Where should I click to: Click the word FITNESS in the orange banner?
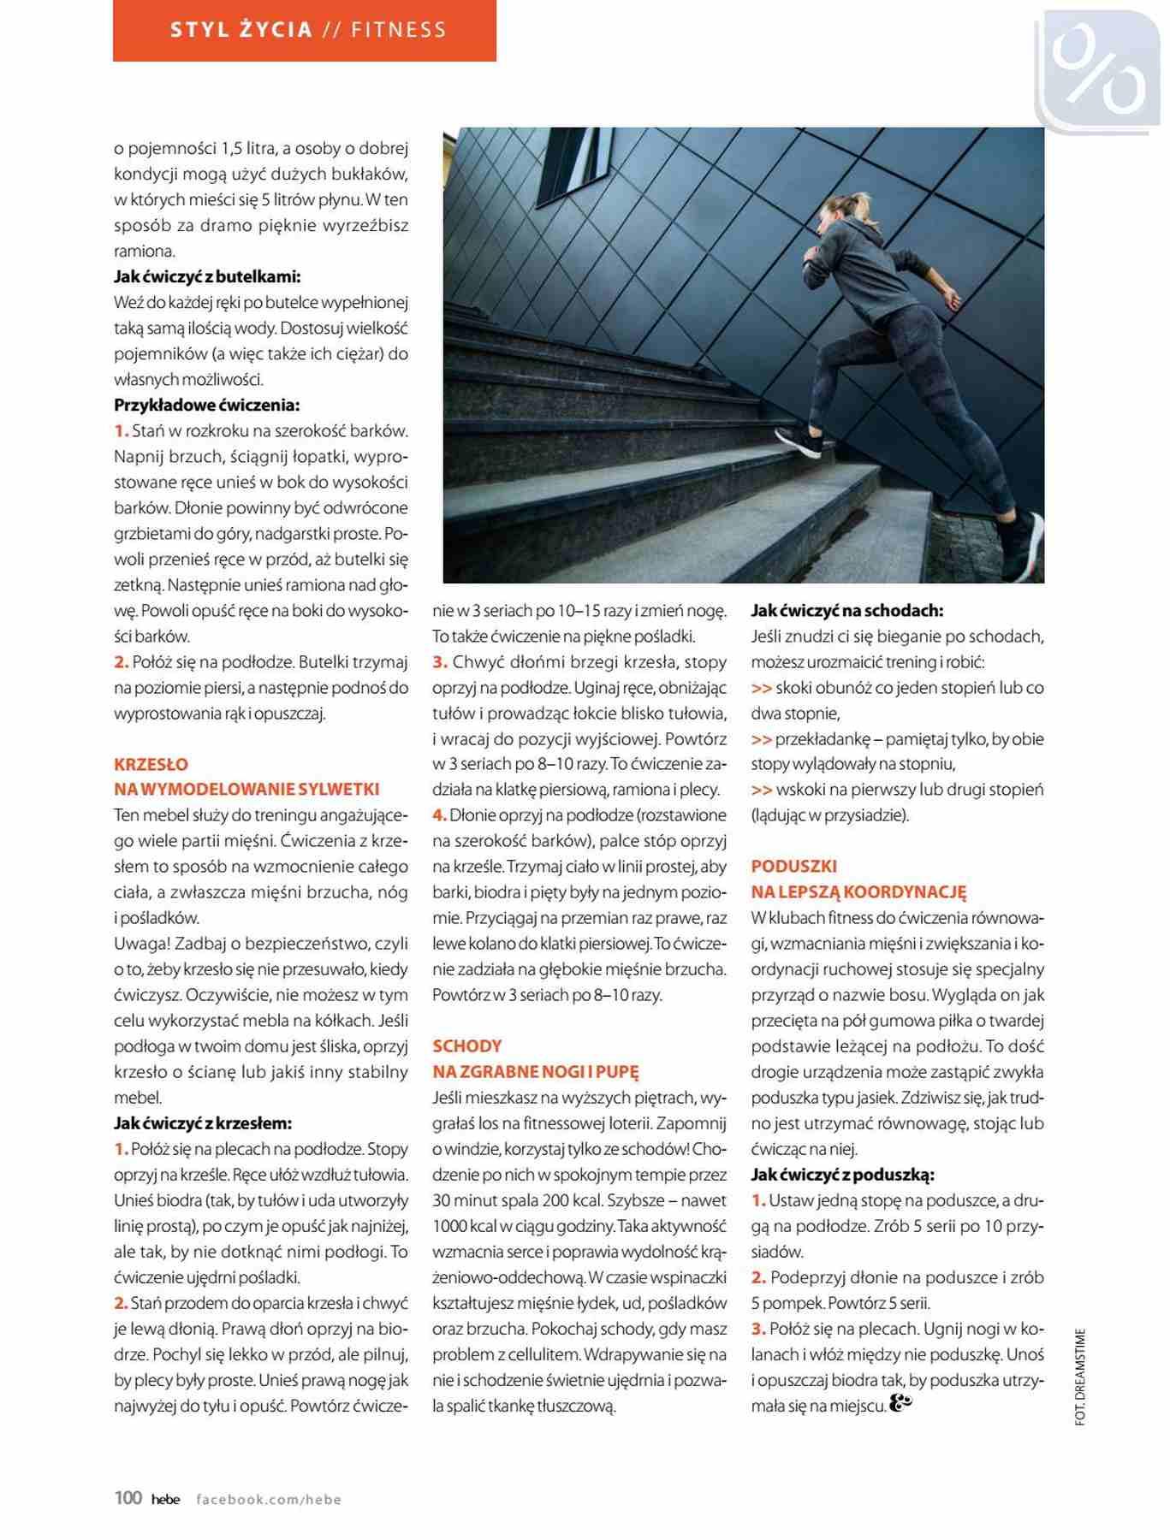click(x=398, y=30)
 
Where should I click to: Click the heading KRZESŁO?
click(x=151, y=764)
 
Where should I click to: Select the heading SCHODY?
click(x=466, y=1045)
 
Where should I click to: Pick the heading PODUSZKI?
click(x=793, y=866)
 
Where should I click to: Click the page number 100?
click(x=128, y=1497)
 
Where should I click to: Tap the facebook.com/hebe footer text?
click(x=269, y=1499)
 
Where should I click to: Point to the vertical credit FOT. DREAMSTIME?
click(x=1079, y=1377)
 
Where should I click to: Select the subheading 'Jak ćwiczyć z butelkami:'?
click(x=207, y=276)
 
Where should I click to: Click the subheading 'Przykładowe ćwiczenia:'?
click(x=206, y=405)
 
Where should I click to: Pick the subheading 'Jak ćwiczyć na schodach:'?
click(x=846, y=610)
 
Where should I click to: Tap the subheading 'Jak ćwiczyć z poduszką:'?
click(x=842, y=1174)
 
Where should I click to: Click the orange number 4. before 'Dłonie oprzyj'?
click(x=439, y=815)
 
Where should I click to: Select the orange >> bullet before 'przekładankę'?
click(x=761, y=739)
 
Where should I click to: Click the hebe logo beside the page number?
click(x=165, y=1499)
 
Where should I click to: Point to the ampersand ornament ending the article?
click(x=901, y=1402)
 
